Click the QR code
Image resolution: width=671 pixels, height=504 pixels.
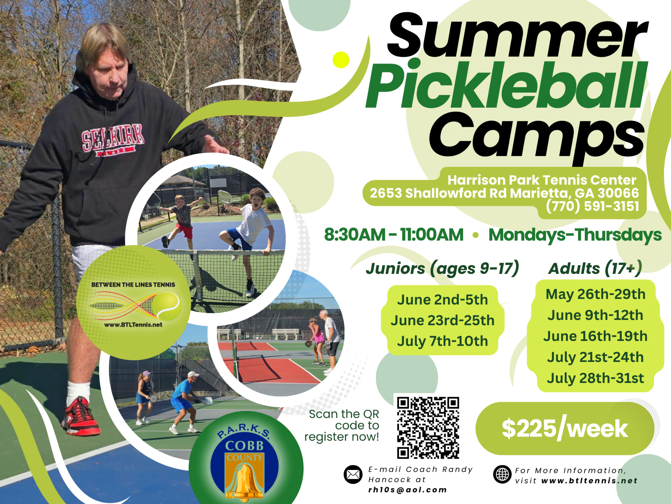click(x=428, y=428)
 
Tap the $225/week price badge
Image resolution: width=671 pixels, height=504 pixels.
click(x=565, y=428)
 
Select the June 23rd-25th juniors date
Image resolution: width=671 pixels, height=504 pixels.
click(x=442, y=320)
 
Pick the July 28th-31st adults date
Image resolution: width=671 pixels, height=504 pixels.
click(x=595, y=378)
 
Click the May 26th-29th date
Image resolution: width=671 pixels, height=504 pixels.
click(x=595, y=294)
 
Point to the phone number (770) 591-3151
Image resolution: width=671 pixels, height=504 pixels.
click(x=592, y=206)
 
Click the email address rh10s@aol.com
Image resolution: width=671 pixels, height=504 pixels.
click(x=408, y=490)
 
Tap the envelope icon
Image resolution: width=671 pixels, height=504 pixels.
click(x=353, y=474)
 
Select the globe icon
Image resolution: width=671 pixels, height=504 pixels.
click(x=502, y=474)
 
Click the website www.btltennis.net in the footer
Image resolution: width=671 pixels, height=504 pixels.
click(x=589, y=481)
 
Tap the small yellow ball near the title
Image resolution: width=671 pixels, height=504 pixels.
click(x=341, y=60)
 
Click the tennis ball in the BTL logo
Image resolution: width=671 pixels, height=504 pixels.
click(x=167, y=306)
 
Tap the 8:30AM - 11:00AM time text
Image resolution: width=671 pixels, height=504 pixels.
click(x=394, y=235)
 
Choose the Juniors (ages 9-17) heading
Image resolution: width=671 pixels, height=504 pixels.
click(x=443, y=268)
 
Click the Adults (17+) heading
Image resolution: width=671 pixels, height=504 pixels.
click(x=595, y=268)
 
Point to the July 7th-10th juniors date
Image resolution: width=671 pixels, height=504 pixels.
click(x=442, y=341)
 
